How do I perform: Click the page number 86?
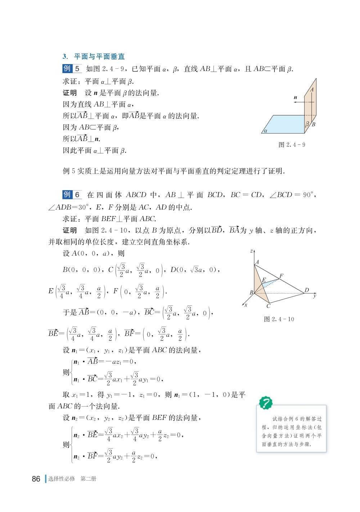(36, 479)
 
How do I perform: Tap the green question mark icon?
(266, 402)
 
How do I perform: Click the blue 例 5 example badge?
(72, 68)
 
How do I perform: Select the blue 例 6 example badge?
(72, 195)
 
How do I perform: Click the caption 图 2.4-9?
(292, 145)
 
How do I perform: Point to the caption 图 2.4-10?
(279, 319)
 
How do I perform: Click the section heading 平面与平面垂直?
(99, 57)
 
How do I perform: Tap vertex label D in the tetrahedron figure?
(307, 290)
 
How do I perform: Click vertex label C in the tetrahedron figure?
(268, 306)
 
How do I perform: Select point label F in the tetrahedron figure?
(281, 276)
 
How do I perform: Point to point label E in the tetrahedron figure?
(264, 280)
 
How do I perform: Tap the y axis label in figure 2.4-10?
(314, 296)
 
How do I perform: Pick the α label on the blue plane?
(265, 131)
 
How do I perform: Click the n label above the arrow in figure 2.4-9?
(295, 97)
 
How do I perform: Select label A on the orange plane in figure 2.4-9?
(312, 89)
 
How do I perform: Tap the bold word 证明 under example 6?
(70, 230)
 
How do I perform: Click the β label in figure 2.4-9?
(307, 124)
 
